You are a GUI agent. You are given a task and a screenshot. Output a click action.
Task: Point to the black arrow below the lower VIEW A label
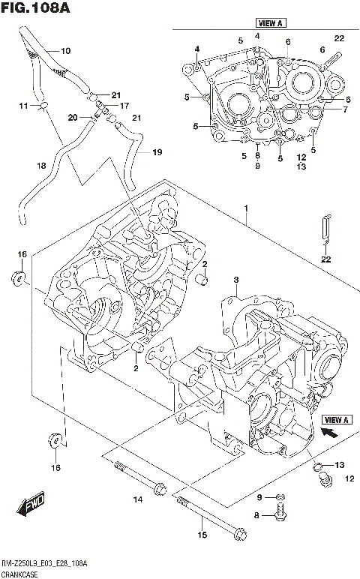click(327, 433)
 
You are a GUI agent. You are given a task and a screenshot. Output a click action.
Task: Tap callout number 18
click(41, 165)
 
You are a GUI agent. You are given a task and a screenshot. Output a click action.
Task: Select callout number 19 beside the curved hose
click(157, 152)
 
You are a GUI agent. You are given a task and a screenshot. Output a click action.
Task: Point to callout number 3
click(235, 280)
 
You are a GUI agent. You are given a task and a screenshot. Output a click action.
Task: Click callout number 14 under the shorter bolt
click(137, 499)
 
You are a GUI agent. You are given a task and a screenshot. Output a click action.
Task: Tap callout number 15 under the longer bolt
click(201, 534)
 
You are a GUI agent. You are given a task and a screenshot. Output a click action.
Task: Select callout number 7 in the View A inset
click(345, 109)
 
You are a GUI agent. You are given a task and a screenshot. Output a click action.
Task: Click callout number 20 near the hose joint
click(73, 117)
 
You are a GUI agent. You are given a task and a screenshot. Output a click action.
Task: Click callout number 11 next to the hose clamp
click(23, 106)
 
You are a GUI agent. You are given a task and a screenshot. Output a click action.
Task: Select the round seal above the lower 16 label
click(55, 439)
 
